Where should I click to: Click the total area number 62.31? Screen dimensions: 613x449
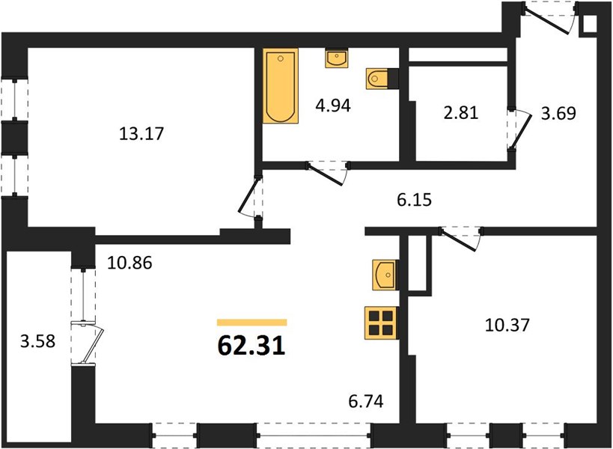[251, 346]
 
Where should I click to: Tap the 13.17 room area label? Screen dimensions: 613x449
[141, 134]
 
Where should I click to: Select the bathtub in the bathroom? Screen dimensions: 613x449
[281, 86]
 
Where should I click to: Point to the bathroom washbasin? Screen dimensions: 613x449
[337, 58]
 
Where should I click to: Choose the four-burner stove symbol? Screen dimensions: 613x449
[381, 323]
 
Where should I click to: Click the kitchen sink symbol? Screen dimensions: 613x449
[385, 275]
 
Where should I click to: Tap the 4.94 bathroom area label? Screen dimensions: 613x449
[333, 106]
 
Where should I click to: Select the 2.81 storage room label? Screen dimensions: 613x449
[461, 113]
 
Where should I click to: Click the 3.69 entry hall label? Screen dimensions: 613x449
[558, 113]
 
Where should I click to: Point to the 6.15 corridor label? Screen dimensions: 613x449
[415, 200]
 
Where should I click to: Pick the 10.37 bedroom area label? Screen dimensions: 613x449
[507, 325]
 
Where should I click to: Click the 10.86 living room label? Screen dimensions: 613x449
[129, 263]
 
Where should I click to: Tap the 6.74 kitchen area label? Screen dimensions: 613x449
[366, 401]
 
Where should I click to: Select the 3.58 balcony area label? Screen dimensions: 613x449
[38, 341]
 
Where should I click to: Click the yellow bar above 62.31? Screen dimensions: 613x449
[251, 323]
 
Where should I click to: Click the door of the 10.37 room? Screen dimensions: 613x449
[461, 239]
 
